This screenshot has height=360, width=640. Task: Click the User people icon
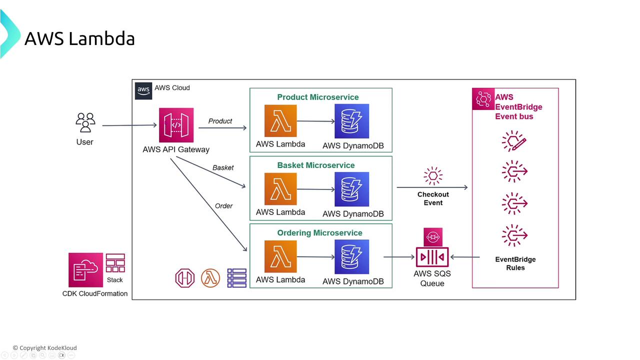85,122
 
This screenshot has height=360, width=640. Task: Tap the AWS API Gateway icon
176,125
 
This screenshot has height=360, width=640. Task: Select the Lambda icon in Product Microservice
280,121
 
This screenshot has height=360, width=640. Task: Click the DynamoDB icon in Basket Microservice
352,189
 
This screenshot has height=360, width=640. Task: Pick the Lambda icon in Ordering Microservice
280,256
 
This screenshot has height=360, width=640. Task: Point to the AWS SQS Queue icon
432,257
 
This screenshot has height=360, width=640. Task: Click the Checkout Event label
433,198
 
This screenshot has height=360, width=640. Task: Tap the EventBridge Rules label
515,263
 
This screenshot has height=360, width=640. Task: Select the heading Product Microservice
318,97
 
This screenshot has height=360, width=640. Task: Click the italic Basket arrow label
223,167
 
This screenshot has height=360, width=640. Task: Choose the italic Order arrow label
223,205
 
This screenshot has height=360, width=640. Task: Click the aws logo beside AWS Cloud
143,91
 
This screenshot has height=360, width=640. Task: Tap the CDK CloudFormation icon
85,270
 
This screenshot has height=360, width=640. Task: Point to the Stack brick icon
115,263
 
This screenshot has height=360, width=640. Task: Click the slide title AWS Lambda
79,38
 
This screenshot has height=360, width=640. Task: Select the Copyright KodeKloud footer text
45,348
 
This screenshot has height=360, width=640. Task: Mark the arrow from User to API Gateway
130,125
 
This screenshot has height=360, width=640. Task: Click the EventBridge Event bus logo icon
483,99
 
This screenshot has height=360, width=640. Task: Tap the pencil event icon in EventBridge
514,141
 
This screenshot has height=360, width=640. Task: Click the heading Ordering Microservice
320,233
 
